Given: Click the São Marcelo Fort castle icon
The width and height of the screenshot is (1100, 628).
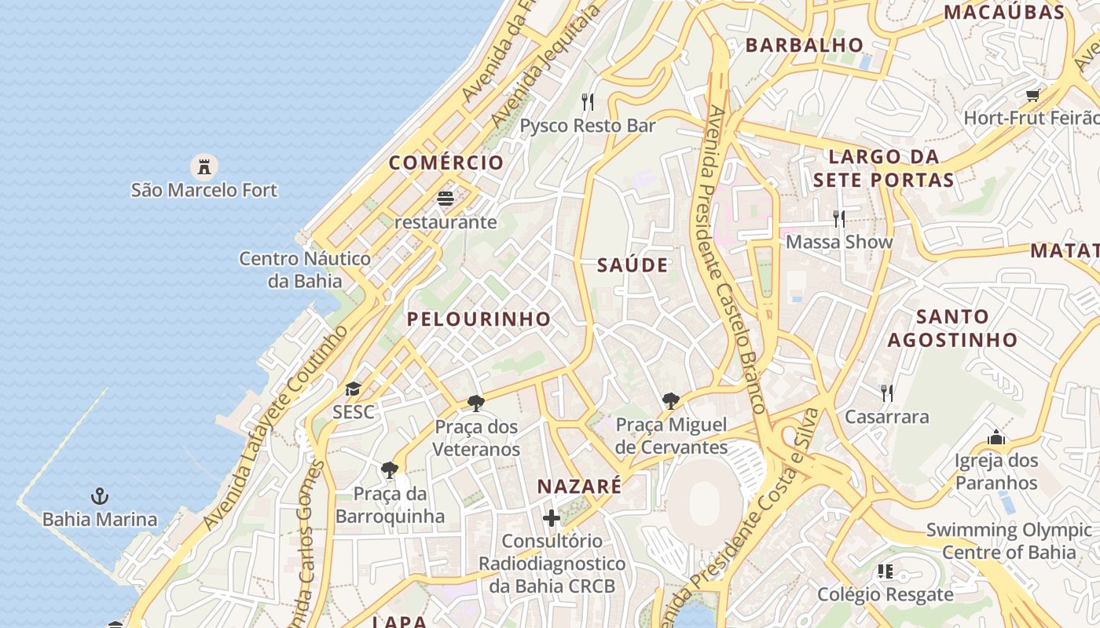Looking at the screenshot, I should [204, 166].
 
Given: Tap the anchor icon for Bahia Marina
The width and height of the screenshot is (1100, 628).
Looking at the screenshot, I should [100, 496].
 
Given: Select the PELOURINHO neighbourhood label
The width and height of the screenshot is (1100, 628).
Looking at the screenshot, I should [478, 319].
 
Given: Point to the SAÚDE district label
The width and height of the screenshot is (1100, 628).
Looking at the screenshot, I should [632, 265].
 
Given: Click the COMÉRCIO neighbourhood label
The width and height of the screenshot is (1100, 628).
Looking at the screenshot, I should [446, 163].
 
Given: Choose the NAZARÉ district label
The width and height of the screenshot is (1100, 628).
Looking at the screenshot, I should [579, 487].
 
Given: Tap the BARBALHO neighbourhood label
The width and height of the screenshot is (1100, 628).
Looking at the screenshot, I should [805, 46].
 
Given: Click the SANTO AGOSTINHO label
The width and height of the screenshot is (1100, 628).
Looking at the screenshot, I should [952, 329].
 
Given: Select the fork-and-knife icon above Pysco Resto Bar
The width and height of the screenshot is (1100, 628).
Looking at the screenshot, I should [588, 102].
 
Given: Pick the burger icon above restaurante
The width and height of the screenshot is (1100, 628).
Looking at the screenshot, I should [445, 199].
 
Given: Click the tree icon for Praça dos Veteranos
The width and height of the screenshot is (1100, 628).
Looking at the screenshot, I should [475, 403].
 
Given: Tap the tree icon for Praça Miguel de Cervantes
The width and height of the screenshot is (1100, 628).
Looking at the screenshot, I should [670, 402].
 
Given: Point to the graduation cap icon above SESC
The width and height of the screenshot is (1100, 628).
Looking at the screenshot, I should [353, 389].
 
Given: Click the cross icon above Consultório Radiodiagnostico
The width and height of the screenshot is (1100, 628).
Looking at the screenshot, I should [552, 518].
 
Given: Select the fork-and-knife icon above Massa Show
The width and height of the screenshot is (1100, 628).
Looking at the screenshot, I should [839, 218].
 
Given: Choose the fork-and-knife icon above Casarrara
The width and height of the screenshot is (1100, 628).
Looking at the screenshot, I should [886, 393].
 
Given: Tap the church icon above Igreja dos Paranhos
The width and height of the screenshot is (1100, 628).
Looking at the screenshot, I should [996, 437].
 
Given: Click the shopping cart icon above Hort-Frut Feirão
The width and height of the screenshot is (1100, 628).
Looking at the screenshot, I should [1032, 95].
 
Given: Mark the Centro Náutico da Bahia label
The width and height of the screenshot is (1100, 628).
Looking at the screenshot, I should [305, 269].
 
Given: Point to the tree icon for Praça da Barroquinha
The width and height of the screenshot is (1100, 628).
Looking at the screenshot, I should [389, 470].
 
